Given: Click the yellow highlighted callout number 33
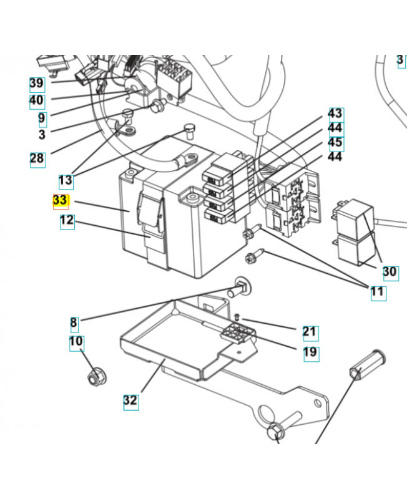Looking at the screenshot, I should coord(60,201).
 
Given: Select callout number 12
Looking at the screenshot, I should coord(67,221).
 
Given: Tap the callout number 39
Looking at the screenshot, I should coord(37,84).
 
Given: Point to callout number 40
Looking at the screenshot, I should coord(37,100).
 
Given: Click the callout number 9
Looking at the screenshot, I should coord(41,118).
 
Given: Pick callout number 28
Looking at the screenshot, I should coord(37,158).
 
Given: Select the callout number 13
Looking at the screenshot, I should coord(66,181).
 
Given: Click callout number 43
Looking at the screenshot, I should coord(335,114).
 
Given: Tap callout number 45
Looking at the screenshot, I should coord(335,143).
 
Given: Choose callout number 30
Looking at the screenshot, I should coord(390,272).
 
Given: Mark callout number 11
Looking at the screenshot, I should coord(378,291).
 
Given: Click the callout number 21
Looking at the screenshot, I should coord(310,332).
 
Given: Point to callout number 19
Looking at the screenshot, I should coord(310,352).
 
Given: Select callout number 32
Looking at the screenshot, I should coord(130,400).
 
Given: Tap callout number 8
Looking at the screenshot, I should coord(74,322).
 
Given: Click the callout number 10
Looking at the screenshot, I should coord(76,342).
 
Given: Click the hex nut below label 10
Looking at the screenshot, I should coord(96,377).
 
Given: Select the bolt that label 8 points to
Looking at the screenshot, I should coord(240,288).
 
